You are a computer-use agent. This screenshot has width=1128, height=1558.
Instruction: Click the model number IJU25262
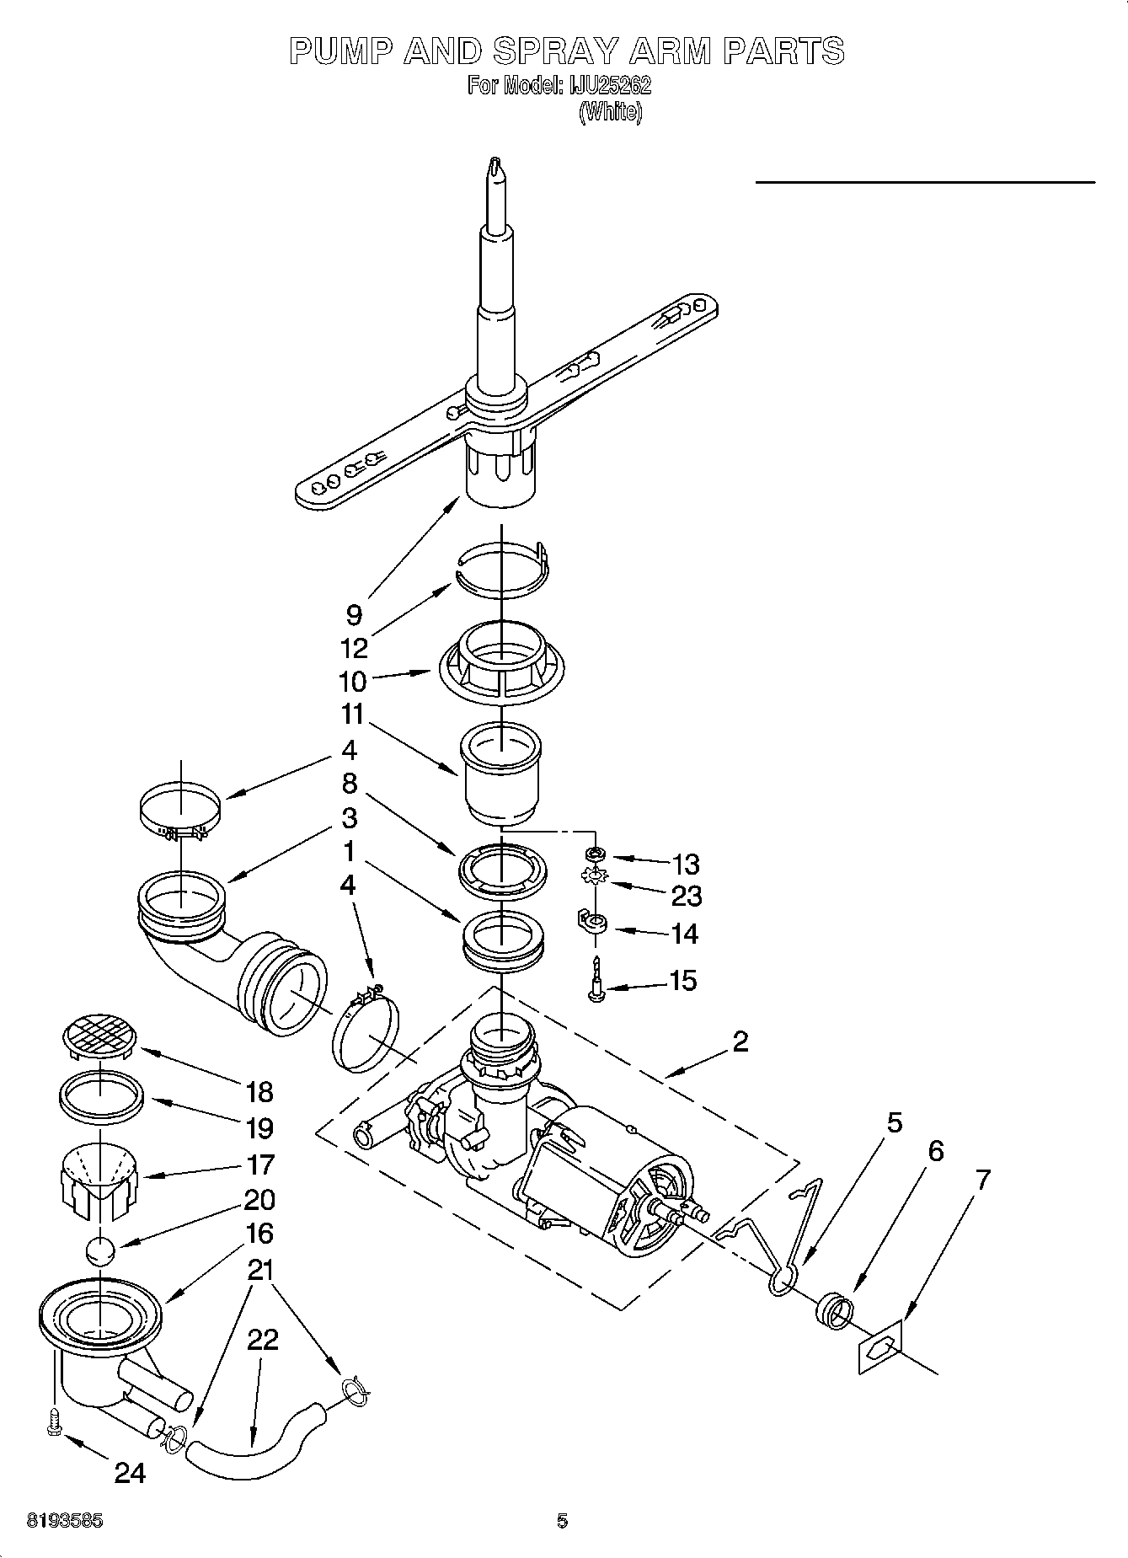point(612,87)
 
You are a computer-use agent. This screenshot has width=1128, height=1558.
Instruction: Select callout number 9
point(354,615)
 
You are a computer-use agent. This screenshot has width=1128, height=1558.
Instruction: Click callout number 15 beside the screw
point(683,981)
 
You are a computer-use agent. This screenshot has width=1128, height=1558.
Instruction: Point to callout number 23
point(686,896)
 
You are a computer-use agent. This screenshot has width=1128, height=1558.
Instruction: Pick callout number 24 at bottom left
point(130,1472)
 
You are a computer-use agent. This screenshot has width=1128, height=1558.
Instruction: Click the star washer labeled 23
point(596,879)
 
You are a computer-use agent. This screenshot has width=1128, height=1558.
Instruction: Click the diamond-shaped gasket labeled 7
point(879,1347)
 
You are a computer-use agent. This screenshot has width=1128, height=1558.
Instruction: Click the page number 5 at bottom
point(562,1522)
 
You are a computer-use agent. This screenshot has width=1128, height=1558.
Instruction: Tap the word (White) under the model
point(611,112)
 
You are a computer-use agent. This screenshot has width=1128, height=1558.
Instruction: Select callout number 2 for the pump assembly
point(740,1042)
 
